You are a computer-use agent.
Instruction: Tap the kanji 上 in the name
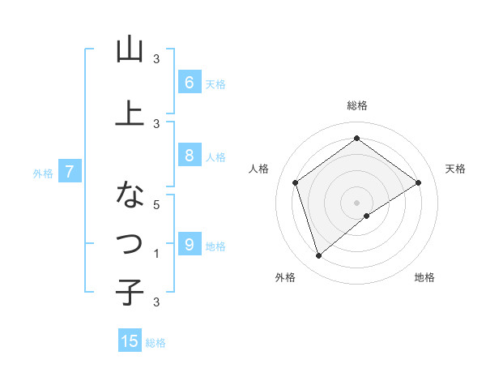(130, 113)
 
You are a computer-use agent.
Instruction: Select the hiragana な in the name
(130, 195)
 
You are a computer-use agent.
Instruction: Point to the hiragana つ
(130, 242)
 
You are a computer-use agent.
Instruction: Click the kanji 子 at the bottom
(130, 292)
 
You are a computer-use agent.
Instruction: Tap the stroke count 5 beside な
(157, 205)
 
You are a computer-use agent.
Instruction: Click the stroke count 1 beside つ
(157, 253)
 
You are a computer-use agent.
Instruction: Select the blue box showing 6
(189, 83)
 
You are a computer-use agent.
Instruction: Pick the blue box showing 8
(189, 156)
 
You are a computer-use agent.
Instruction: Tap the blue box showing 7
(70, 172)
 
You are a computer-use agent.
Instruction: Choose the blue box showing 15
(130, 341)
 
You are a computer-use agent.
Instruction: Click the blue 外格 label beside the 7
(43, 173)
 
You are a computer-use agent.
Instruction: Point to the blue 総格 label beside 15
(156, 343)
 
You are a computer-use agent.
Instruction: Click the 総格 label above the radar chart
(357, 105)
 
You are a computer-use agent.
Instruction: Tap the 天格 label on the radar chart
(455, 169)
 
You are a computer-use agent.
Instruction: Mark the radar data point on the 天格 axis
(418, 182)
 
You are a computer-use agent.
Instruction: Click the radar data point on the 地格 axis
(367, 216)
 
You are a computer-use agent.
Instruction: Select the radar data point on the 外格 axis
(318, 256)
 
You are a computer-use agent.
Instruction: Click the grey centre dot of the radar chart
(357, 202)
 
